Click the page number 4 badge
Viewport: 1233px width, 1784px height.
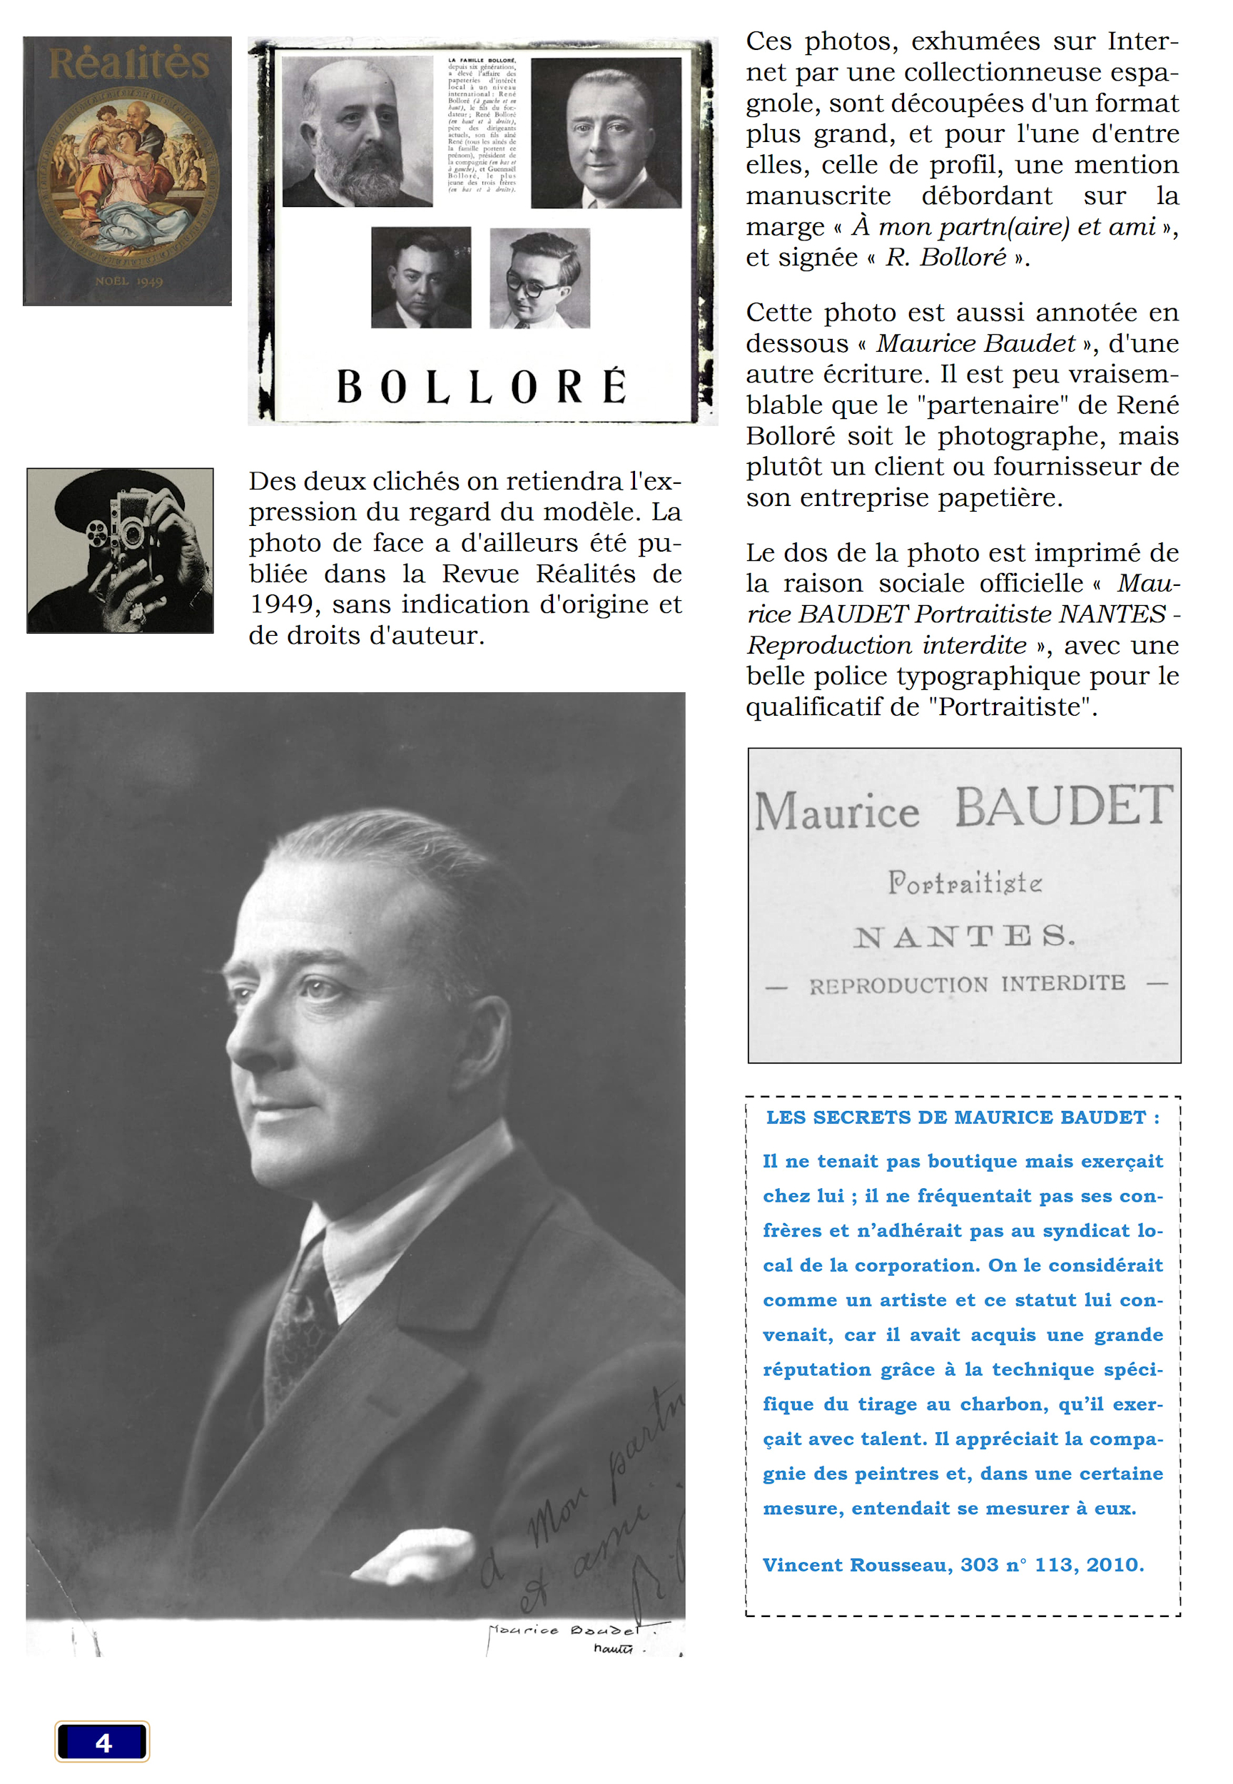click(x=102, y=1743)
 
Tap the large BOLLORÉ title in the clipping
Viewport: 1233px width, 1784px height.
click(x=482, y=386)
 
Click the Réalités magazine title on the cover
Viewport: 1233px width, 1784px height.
click(x=129, y=64)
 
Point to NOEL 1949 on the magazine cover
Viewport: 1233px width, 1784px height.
click(x=128, y=281)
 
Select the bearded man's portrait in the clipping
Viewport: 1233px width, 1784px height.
click(x=357, y=131)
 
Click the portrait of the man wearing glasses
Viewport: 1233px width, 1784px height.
click(x=539, y=278)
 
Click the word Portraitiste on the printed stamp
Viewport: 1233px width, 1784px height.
click(x=964, y=882)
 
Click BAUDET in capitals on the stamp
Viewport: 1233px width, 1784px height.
click(x=1064, y=806)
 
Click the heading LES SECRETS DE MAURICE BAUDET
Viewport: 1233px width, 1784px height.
click(x=962, y=1117)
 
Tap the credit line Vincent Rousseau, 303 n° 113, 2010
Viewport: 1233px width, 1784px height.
click(x=953, y=1565)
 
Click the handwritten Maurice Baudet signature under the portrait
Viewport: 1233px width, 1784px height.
click(x=564, y=1631)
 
